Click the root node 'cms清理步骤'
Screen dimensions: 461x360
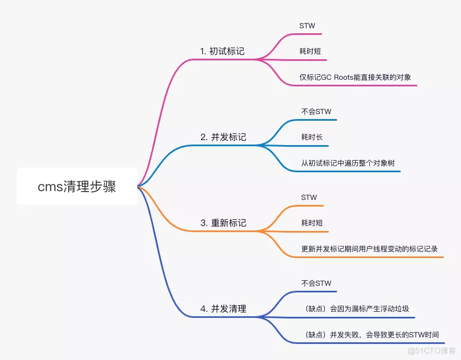[x=77, y=187]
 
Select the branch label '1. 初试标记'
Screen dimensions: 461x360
[x=222, y=51]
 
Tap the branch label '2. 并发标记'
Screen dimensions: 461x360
[x=224, y=137]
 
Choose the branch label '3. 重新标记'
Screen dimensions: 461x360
[x=224, y=223]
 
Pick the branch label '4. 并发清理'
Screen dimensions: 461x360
[x=224, y=309]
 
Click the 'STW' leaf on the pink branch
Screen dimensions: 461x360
[x=307, y=26]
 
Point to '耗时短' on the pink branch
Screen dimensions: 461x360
[x=310, y=51]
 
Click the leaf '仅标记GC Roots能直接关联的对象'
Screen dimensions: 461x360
[x=355, y=77]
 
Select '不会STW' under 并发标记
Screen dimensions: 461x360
[x=317, y=111]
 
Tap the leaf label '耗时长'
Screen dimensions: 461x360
[x=312, y=137]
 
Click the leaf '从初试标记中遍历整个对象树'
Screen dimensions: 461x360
[x=348, y=163]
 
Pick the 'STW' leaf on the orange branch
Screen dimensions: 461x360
[x=309, y=197]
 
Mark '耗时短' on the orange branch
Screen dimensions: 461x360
[x=312, y=223]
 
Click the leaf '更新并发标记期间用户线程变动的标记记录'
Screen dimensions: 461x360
[x=370, y=249]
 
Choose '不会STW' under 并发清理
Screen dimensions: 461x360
[x=317, y=283]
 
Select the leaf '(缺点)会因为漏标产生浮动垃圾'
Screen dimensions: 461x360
[x=356, y=309]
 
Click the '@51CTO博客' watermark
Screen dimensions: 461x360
[x=432, y=351]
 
